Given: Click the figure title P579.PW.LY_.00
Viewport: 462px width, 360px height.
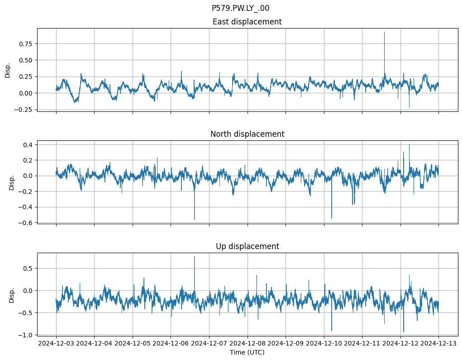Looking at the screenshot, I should point(240,8).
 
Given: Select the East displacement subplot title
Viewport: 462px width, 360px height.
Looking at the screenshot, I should point(247,22).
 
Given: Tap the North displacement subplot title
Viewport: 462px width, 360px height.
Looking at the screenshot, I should point(247,134).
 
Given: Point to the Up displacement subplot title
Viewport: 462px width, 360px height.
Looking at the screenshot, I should point(247,246).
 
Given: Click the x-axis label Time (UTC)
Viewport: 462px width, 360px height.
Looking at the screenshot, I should point(247,352).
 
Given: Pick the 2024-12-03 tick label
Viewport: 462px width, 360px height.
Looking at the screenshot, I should point(56,343).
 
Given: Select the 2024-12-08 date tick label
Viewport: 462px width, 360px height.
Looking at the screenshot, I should point(248,343).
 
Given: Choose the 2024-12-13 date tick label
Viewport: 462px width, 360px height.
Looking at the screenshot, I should point(438,343).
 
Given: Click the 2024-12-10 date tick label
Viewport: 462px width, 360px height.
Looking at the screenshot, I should point(324,343).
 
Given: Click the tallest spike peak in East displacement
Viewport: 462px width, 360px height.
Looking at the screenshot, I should point(384,32).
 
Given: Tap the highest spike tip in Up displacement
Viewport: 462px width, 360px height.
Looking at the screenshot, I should point(195,257).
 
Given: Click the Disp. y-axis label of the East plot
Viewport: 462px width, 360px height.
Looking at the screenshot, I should point(8,70).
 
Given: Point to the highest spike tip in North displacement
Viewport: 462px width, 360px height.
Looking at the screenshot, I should point(409,144).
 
